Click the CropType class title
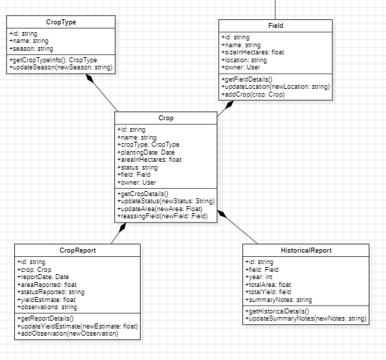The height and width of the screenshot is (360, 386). click(x=61, y=22)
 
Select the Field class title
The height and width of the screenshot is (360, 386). click(x=276, y=26)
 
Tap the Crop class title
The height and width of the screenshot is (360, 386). click(x=166, y=118)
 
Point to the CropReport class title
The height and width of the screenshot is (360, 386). click(x=77, y=250)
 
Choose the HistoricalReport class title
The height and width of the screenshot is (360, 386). click(x=306, y=250)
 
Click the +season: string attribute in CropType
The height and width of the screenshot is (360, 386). click(x=31, y=49)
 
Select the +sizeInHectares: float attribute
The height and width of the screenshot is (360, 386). click(x=252, y=52)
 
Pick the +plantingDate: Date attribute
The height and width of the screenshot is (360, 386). click(x=146, y=152)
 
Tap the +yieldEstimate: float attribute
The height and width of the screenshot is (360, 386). click(x=46, y=300)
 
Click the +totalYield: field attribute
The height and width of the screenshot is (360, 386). click(x=268, y=292)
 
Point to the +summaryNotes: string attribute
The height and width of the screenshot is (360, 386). click(x=279, y=300)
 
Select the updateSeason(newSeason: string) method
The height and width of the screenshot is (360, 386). click(x=61, y=67)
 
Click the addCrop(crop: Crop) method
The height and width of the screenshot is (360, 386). click(x=253, y=94)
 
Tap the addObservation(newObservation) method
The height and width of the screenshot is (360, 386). click(x=68, y=334)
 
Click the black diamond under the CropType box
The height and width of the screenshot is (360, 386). click(x=90, y=78)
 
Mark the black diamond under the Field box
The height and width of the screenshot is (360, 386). click(x=229, y=104)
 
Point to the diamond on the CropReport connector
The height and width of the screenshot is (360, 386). click(x=122, y=228)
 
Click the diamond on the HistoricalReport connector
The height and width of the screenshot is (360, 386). click(x=222, y=214)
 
